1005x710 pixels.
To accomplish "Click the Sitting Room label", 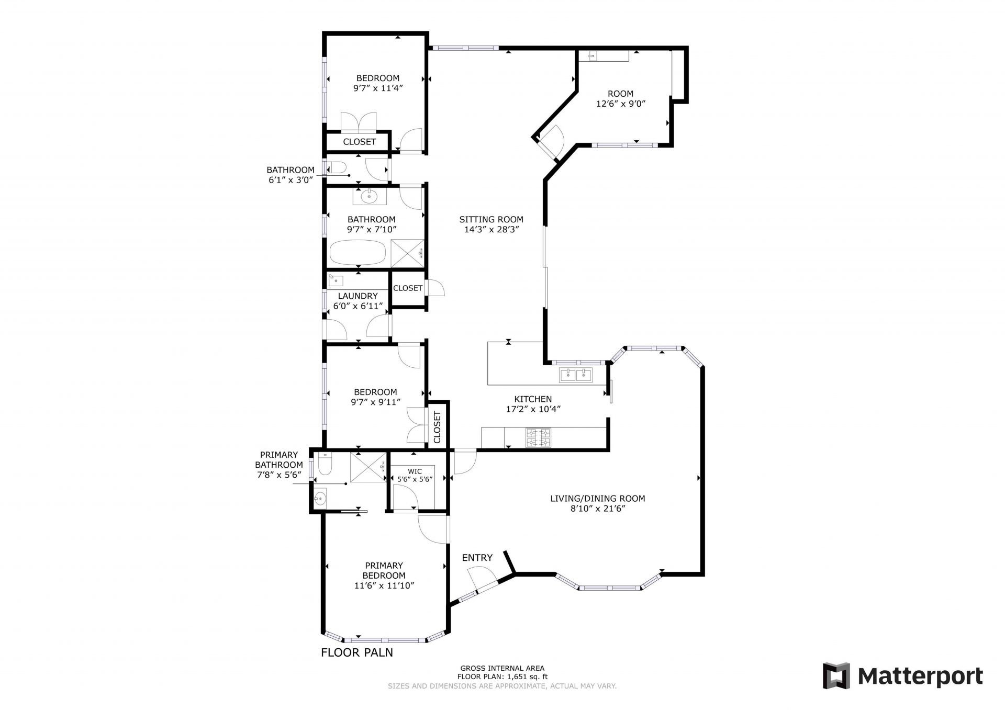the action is [491, 219].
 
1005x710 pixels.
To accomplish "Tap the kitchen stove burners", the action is [538, 438].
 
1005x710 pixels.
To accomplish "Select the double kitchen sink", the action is [576, 375].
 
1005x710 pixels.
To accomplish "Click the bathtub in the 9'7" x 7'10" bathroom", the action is [358, 253].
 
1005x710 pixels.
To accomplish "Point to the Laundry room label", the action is [358, 296].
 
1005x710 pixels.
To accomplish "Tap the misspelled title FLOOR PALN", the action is [357, 652].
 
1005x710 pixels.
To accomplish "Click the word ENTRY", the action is [477, 558].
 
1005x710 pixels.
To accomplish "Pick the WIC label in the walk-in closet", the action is [415, 471].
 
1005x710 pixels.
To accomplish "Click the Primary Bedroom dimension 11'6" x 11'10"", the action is [384, 585].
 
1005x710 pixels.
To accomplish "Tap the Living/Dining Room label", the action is [598, 499].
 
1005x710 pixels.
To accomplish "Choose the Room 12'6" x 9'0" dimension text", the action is [621, 104].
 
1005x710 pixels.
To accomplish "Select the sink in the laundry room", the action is [335, 280].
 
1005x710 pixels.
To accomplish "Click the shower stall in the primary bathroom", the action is [368, 467].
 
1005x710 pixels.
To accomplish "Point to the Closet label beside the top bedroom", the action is [360, 142].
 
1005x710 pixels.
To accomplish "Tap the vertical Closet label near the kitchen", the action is [438, 426].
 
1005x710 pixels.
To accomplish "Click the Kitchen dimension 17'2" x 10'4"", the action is [533, 409].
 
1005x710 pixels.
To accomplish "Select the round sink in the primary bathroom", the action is [320, 499].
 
